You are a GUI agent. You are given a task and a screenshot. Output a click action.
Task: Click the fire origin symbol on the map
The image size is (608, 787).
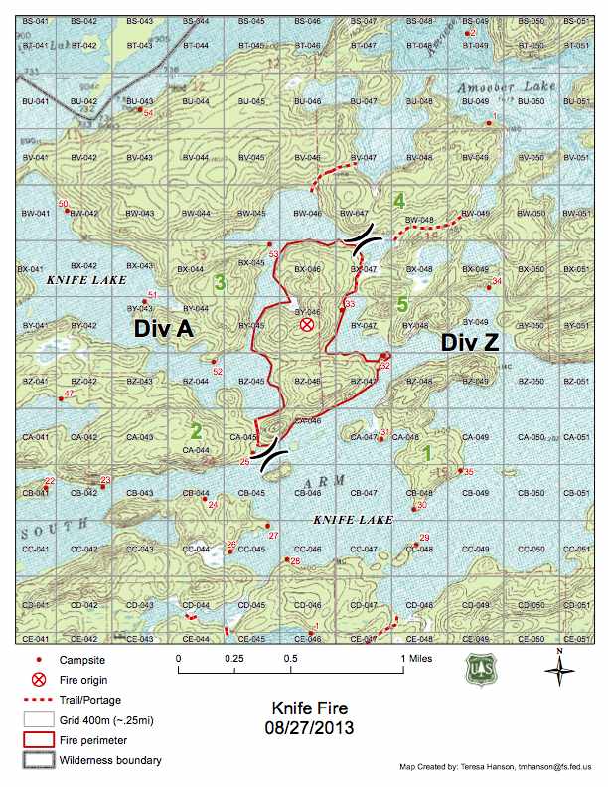click(307, 325)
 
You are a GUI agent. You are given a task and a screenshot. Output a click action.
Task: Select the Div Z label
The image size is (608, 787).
click(472, 342)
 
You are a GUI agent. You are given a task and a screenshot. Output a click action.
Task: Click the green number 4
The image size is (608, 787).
click(399, 201)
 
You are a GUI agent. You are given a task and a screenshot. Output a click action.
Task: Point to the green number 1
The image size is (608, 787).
click(427, 452)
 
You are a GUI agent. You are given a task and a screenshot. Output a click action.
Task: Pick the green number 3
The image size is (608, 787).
click(220, 283)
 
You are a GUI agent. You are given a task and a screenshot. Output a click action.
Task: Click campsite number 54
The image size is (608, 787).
click(148, 115)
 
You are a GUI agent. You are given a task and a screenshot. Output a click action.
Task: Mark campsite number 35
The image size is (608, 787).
click(468, 471)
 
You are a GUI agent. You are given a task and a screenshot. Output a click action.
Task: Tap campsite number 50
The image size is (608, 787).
click(64, 205)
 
